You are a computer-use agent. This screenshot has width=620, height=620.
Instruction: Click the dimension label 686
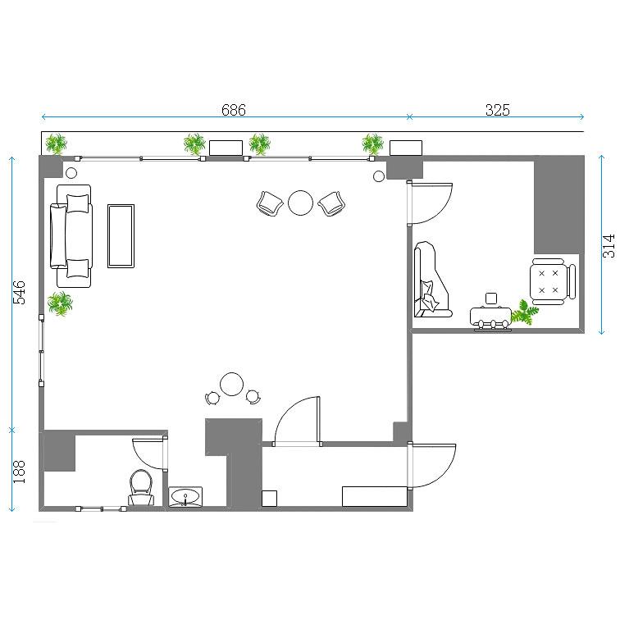[233, 110]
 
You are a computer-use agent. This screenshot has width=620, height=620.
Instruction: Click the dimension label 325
[498, 110]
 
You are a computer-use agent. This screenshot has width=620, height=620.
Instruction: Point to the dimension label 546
[19, 292]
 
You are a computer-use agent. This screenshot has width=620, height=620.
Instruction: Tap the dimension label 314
[609, 246]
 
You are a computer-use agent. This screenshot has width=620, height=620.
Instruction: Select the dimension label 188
[19, 472]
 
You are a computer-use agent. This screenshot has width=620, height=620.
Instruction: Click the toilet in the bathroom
[141, 487]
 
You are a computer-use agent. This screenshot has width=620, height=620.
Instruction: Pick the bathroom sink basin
[185, 497]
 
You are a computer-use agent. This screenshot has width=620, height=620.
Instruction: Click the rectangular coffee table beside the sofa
[121, 236]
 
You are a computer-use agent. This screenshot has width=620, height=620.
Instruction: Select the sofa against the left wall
[71, 236]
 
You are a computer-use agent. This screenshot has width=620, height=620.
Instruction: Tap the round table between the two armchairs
[300, 203]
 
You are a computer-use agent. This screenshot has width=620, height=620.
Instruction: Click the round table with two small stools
[232, 385]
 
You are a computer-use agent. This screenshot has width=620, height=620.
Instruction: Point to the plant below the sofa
[60, 303]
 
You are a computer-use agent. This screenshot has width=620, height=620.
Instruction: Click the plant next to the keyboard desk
[525, 312]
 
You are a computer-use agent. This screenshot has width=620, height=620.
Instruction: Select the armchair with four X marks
[553, 281]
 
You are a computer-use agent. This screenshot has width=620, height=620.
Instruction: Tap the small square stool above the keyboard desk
[491, 299]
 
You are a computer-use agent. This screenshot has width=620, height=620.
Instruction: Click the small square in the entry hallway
[269, 499]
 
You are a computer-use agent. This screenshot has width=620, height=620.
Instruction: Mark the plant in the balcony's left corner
[56, 144]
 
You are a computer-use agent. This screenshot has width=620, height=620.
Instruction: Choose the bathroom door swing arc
[148, 454]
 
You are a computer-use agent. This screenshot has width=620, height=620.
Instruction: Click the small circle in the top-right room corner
[379, 176]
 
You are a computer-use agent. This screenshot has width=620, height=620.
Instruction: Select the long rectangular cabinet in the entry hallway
[375, 497]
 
